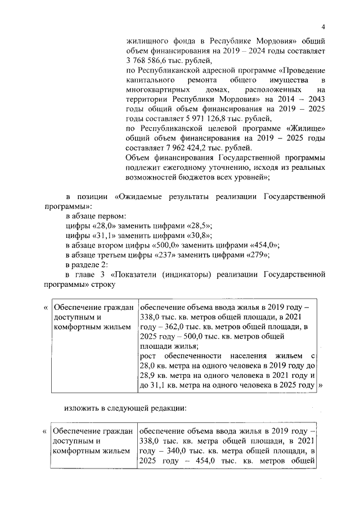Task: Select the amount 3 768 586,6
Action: click(x=148, y=61)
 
